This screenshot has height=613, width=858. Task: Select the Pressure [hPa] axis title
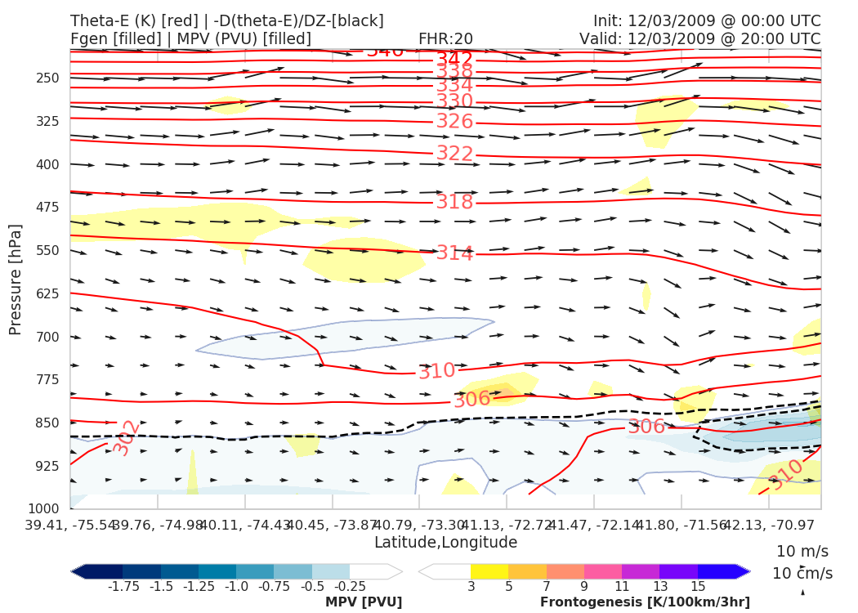point(16,278)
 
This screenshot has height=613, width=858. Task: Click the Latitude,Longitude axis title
point(445,542)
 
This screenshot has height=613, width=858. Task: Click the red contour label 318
point(454,202)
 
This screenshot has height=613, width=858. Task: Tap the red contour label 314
point(454,253)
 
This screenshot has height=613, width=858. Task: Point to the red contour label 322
point(454,154)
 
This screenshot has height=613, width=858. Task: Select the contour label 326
point(454,122)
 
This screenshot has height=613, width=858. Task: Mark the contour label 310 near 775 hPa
point(436,371)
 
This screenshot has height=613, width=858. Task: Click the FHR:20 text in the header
point(445,38)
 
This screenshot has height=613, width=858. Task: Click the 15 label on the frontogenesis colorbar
point(697,587)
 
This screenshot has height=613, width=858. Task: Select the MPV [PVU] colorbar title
point(363,602)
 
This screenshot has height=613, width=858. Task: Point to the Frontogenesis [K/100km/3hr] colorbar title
point(645,602)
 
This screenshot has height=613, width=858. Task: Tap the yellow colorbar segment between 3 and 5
point(489,571)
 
